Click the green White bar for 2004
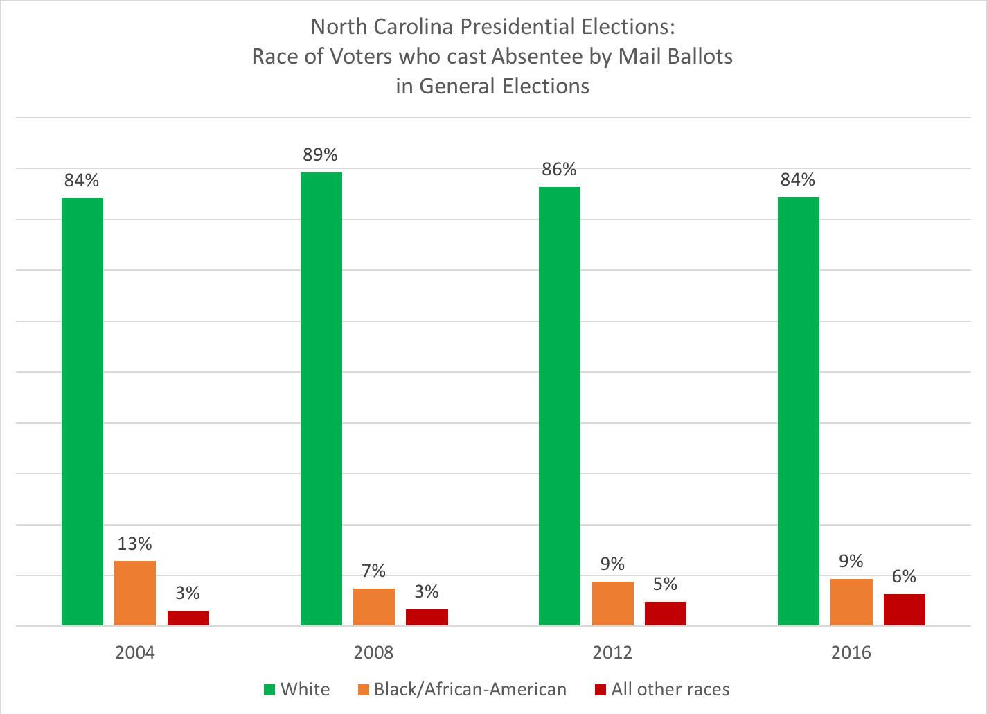point(82,411)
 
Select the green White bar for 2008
point(321,399)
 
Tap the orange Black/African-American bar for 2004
point(135,593)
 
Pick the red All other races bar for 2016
point(904,609)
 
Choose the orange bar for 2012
point(612,603)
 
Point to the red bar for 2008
point(427,617)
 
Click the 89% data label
point(320,154)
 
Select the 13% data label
point(134,544)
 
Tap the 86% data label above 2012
point(559,170)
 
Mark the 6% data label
point(904,576)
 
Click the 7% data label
point(373,571)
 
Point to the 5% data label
point(665,584)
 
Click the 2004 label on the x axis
point(135,652)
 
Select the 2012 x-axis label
point(612,652)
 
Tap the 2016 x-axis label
point(851,652)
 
